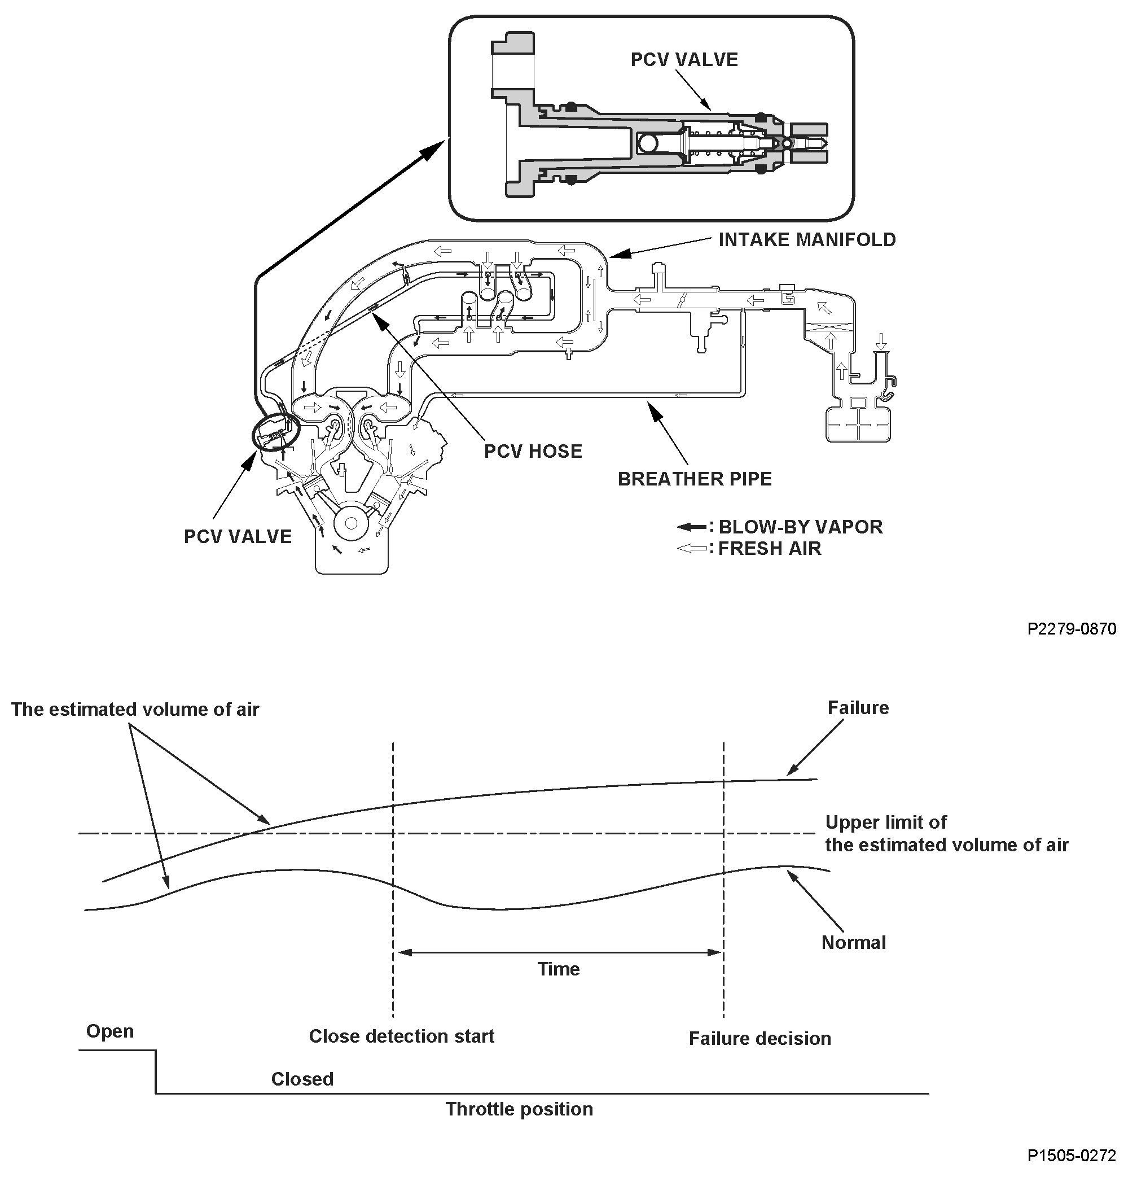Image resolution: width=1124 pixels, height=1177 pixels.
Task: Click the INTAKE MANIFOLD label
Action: (806, 240)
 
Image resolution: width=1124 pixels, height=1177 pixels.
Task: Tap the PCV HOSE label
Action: (533, 451)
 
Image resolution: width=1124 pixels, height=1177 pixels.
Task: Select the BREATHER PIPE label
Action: (695, 479)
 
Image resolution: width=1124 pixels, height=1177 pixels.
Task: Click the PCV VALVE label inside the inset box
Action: (684, 59)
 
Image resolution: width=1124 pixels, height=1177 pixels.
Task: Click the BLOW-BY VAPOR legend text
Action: (800, 527)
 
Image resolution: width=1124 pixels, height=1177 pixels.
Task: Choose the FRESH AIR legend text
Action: (769, 548)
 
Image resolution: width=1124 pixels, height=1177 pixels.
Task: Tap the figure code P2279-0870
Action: (1072, 629)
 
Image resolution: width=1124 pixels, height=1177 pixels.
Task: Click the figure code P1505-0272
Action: (1072, 1155)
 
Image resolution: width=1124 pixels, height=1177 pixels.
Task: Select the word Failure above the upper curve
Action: (858, 708)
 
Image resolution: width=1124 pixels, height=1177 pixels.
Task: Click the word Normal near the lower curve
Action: (853, 943)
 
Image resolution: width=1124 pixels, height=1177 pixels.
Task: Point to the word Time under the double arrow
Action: (559, 969)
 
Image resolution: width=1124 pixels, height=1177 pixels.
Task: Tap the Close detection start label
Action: (401, 1036)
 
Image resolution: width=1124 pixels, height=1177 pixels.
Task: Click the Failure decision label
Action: (759, 1039)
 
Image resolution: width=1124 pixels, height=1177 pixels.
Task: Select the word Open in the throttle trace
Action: (109, 1031)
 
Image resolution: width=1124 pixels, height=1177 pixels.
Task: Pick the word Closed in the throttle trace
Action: (302, 1079)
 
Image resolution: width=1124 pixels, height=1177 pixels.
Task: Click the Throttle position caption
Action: (519, 1109)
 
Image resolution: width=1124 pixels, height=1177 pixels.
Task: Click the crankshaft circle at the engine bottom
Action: (351, 523)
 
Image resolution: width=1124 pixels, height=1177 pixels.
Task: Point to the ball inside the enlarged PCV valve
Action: (648, 143)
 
